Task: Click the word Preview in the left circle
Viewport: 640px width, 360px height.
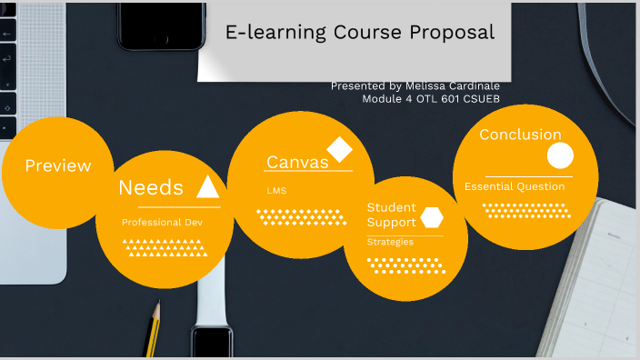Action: point(58,166)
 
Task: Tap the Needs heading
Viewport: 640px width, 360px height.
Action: point(151,188)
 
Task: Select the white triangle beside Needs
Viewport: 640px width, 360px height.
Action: point(208,186)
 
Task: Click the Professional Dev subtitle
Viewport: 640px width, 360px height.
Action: point(162,222)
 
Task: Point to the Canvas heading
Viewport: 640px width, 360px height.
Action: point(297,162)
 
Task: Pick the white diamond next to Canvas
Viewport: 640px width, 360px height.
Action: point(339,149)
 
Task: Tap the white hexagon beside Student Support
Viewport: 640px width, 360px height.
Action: point(432,217)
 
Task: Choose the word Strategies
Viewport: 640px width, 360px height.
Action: point(390,242)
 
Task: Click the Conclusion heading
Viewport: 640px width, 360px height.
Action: point(520,135)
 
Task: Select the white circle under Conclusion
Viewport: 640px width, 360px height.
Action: point(560,156)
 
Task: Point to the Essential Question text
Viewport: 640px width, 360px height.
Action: point(515,186)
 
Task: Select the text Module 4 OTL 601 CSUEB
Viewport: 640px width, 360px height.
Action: point(431,98)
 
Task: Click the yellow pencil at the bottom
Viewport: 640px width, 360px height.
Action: point(153,328)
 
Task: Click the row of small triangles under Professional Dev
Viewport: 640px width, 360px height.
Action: point(162,246)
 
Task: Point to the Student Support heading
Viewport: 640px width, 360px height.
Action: point(392,215)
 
